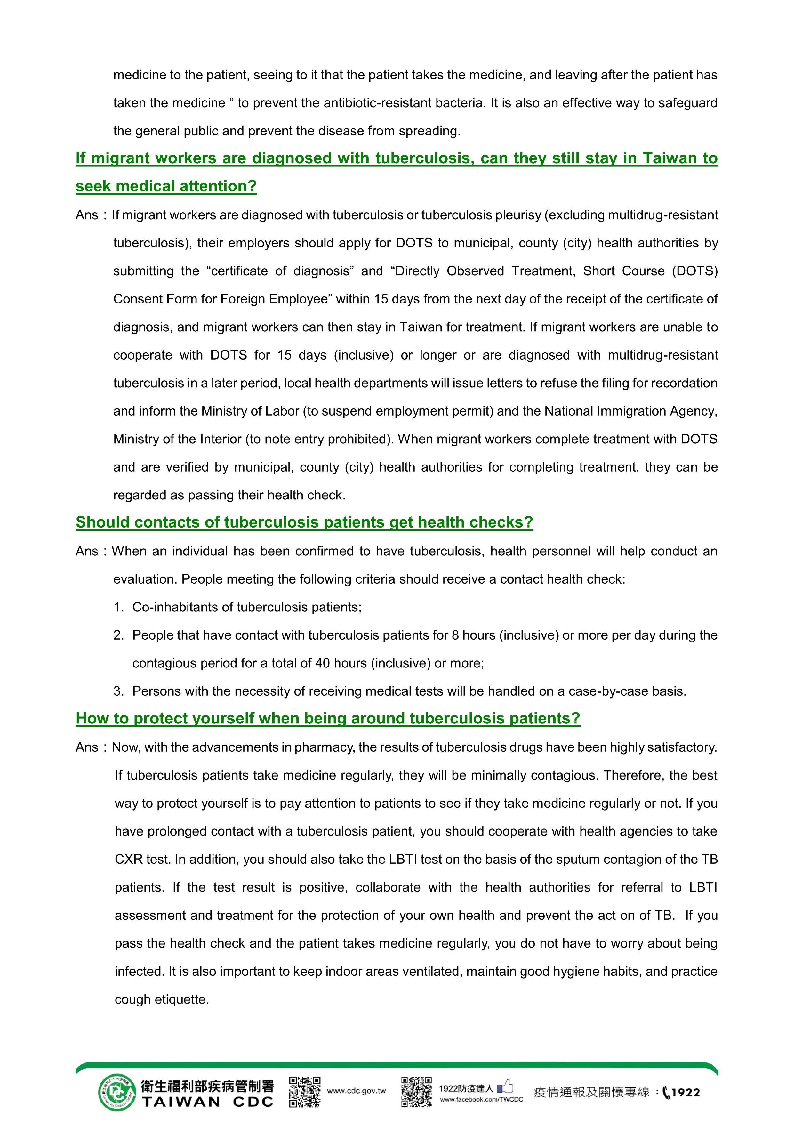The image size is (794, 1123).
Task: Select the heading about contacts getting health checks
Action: click(x=304, y=522)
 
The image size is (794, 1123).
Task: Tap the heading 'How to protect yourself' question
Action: click(x=328, y=718)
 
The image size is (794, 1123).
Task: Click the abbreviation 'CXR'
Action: click(x=128, y=859)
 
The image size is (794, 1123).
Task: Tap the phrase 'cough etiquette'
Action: click(x=162, y=1000)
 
